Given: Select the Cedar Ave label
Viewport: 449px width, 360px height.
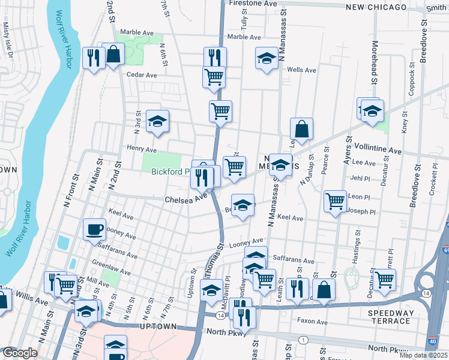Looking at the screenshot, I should coord(142,75).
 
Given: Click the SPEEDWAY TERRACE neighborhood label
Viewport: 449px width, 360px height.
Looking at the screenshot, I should coord(391,317).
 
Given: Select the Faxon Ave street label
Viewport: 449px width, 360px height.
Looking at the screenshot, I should coord(313,322).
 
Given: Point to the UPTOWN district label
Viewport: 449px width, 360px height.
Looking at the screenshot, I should coord(158,326).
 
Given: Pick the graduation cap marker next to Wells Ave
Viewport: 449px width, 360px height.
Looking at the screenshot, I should coord(267,58).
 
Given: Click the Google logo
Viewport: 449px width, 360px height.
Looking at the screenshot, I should coord(20,353).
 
